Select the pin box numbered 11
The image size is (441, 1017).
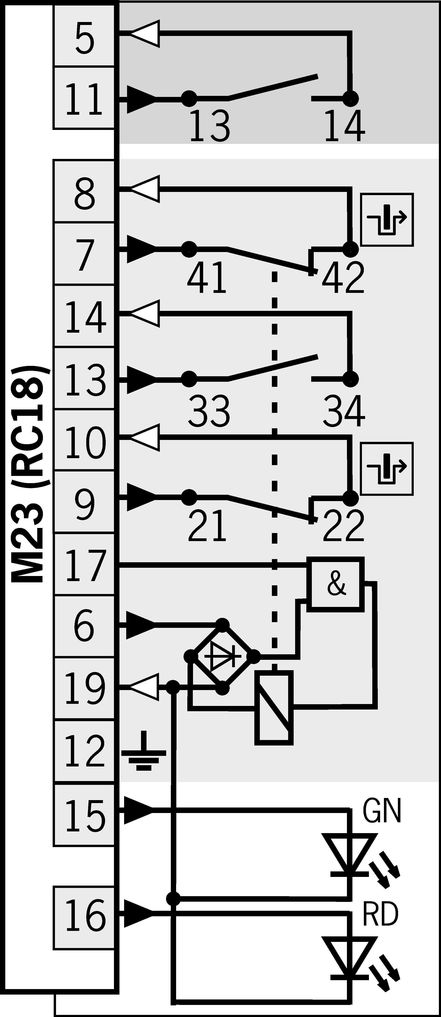tap(84, 98)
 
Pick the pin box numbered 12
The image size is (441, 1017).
tap(84, 751)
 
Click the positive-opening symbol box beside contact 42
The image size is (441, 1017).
tap(387, 219)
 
